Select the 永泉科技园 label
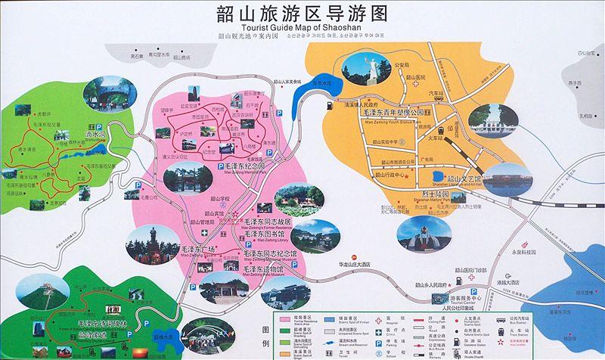click(523, 251)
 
